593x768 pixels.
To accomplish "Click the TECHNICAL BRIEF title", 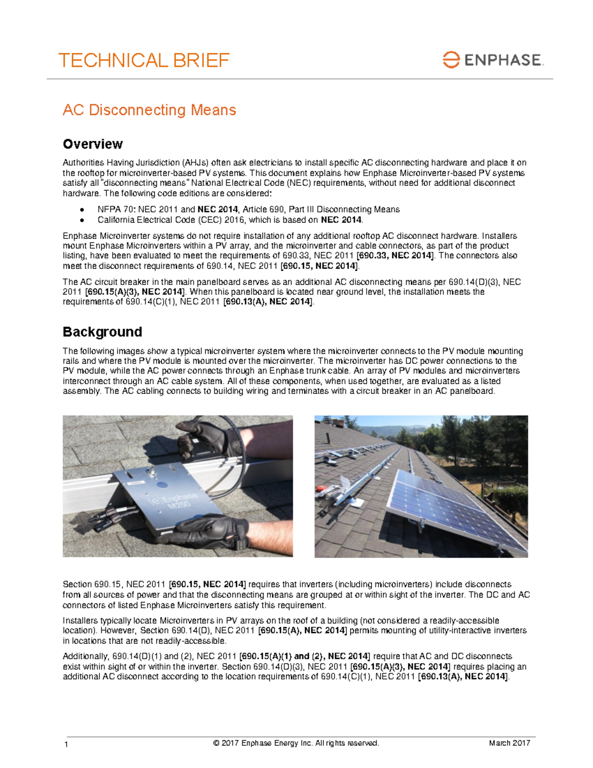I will point(144,60).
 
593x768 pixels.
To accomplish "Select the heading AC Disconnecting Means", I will point(149,110).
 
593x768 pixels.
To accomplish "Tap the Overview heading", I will point(92,144).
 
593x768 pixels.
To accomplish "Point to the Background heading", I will point(102,331).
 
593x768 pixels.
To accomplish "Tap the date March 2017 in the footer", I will point(509,743).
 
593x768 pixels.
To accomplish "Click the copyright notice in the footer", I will point(296,743).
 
